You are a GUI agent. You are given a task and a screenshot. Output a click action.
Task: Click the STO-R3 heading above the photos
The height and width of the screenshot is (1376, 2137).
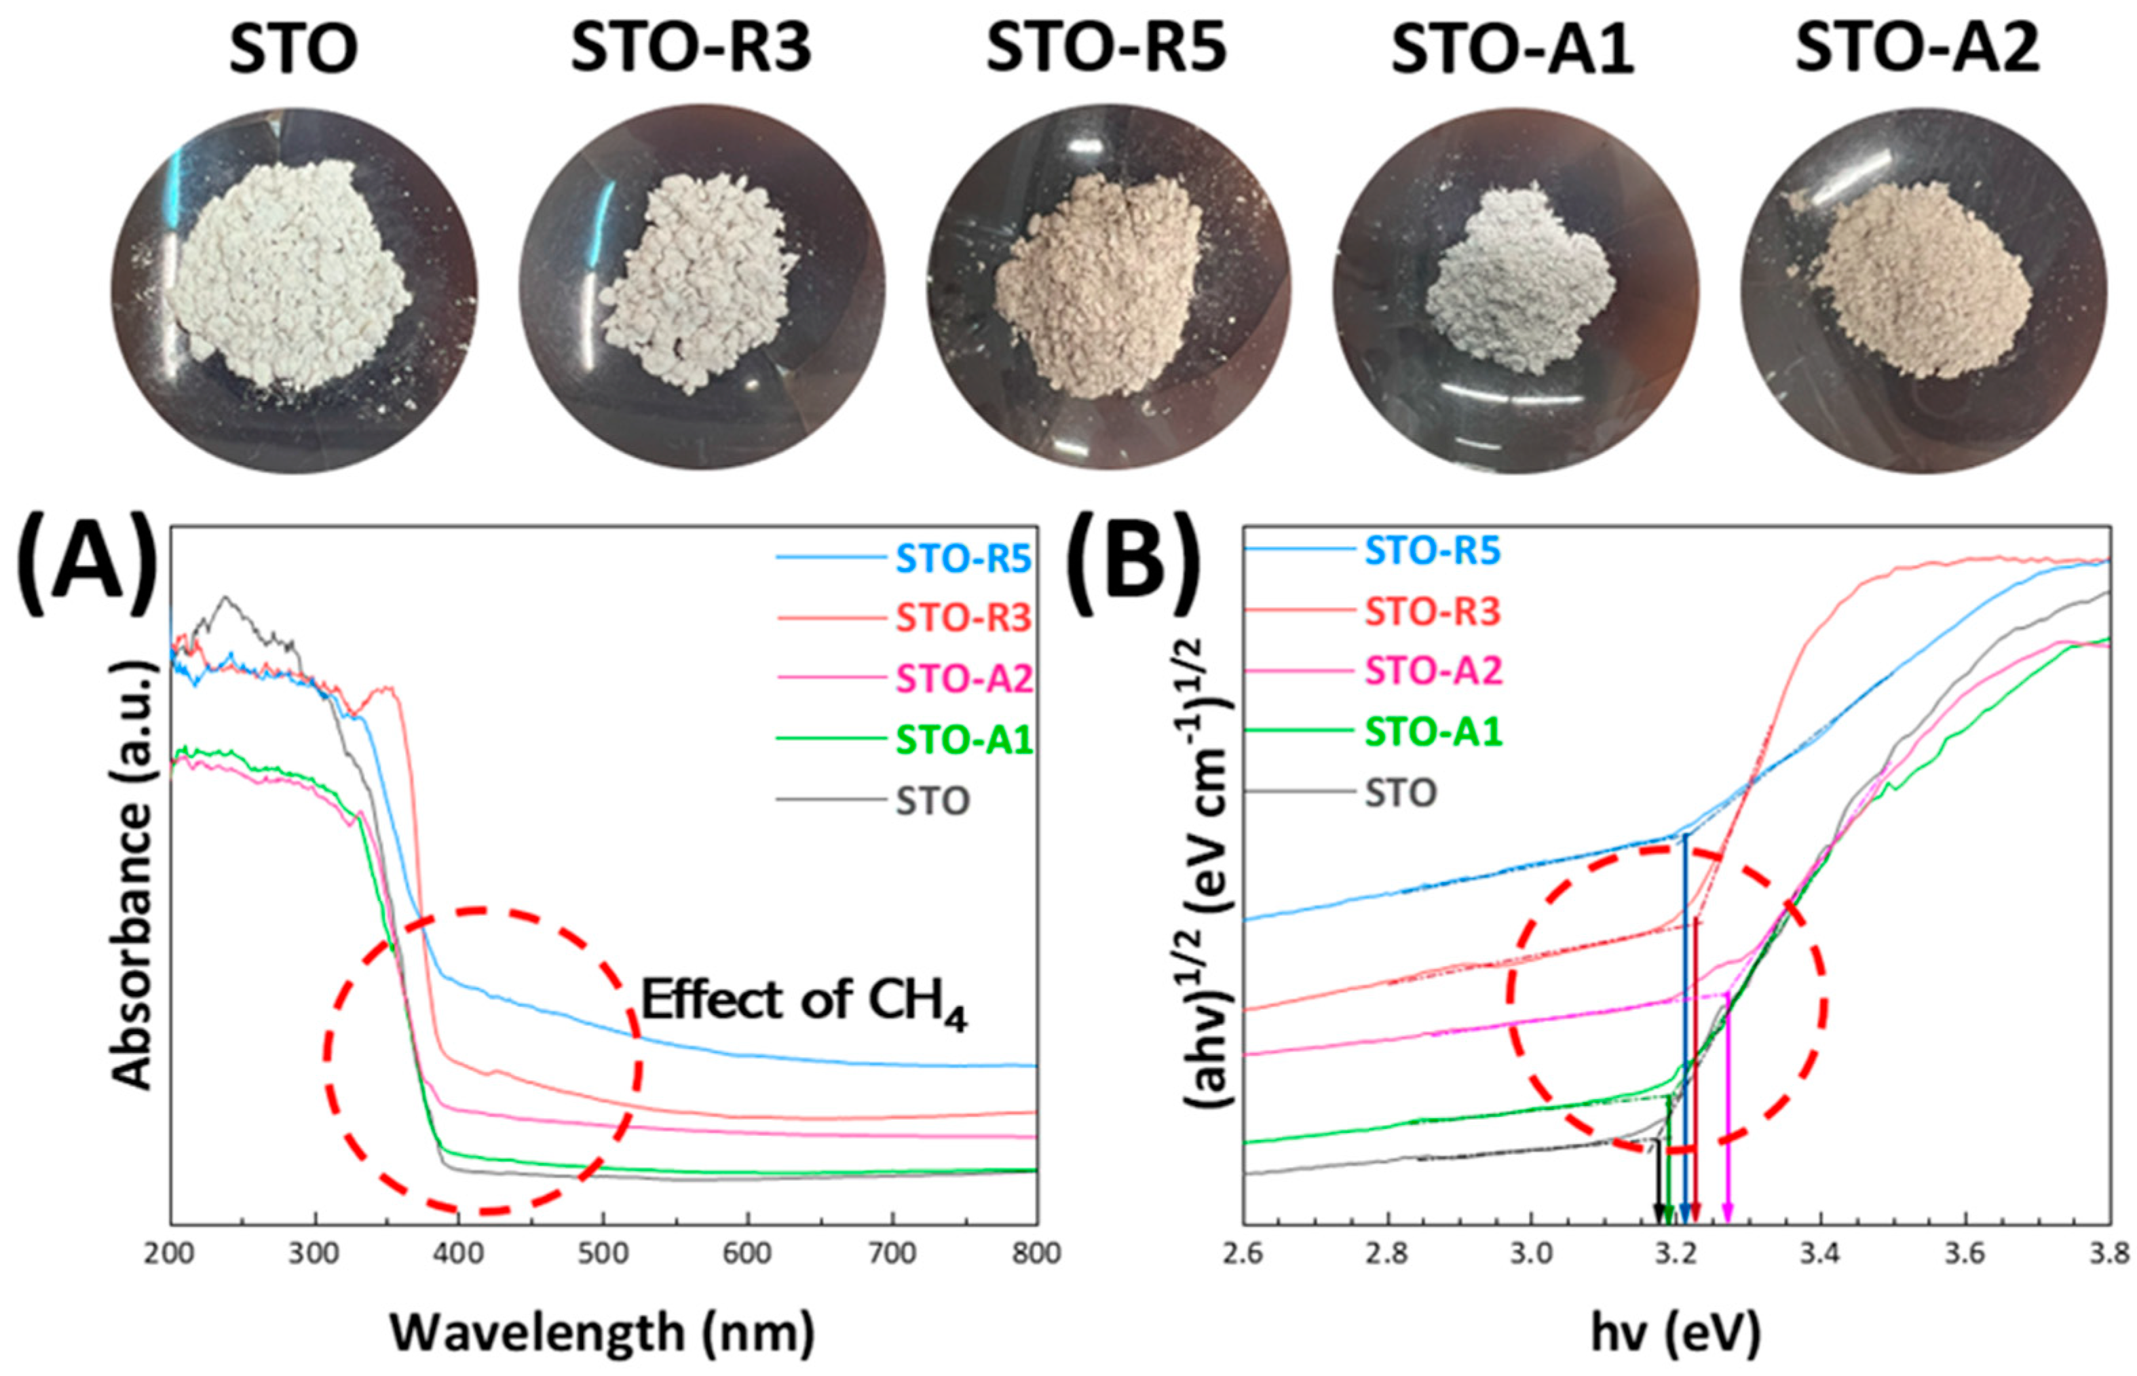(x=691, y=49)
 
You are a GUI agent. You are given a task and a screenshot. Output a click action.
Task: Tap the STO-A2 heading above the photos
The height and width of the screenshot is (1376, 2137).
(x=1918, y=49)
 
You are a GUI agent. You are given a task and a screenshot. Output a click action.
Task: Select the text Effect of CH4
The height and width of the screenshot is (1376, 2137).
(x=804, y=1003)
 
